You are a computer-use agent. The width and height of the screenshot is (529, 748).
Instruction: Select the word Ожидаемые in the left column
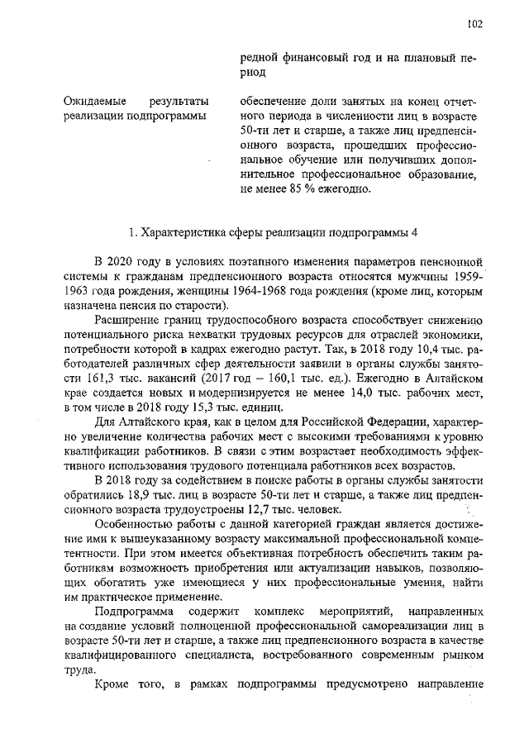coord(91,101)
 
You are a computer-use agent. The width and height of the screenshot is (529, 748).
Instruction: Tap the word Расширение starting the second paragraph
coord(129,320)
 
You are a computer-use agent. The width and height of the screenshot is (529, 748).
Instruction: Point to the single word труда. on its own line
coord(78,671)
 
